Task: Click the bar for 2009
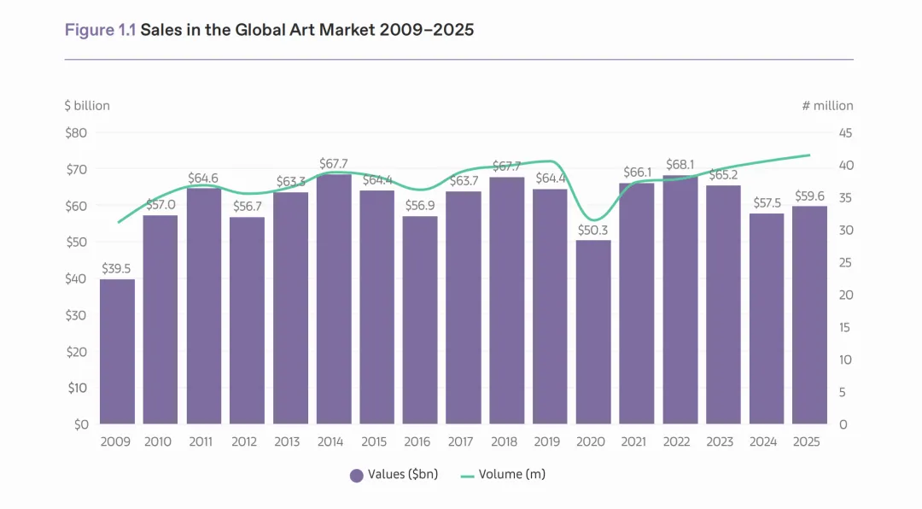117,351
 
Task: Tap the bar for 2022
680,299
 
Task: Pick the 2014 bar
334,299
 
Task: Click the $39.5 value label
117,268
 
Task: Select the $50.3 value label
593,229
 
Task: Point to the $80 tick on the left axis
76,132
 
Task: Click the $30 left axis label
76,315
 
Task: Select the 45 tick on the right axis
843,132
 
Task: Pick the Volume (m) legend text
511,475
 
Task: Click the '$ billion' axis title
87,106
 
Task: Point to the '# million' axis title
827,106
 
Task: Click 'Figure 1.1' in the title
100,31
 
